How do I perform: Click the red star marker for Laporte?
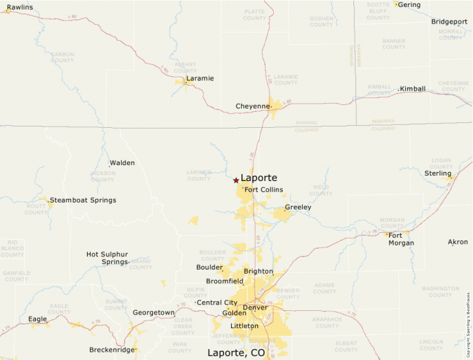coord(236,180)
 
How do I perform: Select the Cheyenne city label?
coord(252,106)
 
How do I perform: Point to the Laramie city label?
coord(200,78)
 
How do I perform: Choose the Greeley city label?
coord(298,207)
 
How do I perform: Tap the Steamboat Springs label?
coord(83,200)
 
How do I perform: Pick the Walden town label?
coord(122,163)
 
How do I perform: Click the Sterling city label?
coord(437,173)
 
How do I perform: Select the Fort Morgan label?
coord(401,238)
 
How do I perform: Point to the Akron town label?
coord(458,242)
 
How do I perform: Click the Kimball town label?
coord(414,88)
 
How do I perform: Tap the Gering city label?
coord(409,4)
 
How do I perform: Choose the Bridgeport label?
coord(449,21)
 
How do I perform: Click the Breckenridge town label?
coord(111,350)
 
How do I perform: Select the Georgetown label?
coord(154,312)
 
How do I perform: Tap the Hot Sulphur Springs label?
coord(107,258)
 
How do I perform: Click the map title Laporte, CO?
coord(236,352)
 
